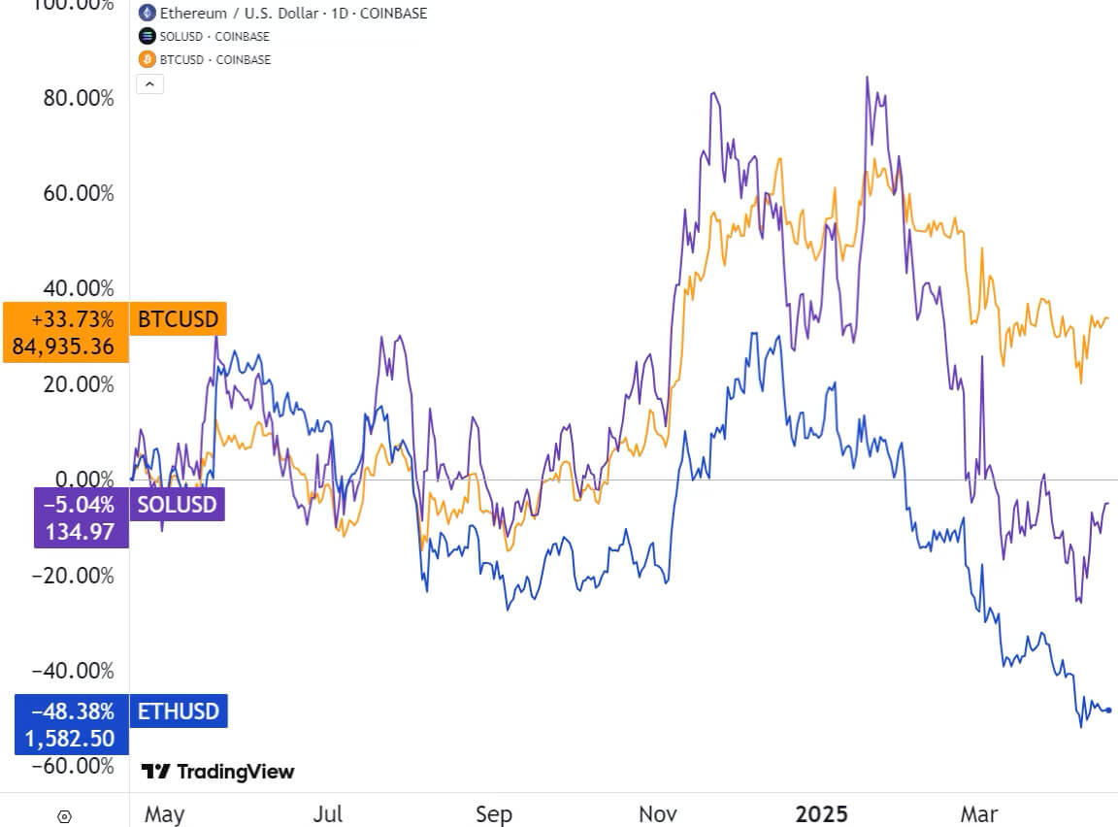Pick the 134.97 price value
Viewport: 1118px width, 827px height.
click(82, 532)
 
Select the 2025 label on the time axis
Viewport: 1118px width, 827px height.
click(821, 813)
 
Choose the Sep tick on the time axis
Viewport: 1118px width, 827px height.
click(494, 813)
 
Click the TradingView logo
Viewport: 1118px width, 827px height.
click(218, 772)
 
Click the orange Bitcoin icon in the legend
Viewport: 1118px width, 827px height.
click(148, 59)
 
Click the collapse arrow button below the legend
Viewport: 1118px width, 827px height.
click(150, 83)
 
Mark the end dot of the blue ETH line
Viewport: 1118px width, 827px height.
click(1108, 710)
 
